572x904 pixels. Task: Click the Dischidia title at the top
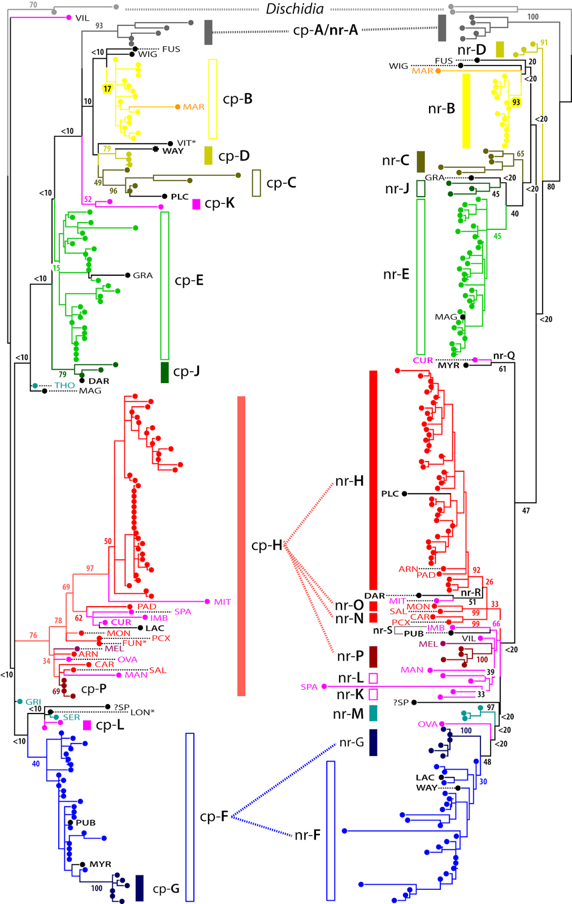[x=294, y=9]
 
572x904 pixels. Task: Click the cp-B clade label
[x=237, y=99]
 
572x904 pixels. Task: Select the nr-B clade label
[x=441, y=108]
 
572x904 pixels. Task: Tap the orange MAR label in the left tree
[x=193, y=107]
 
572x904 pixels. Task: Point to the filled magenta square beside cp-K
[x=196, y=204]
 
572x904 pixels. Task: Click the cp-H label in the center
[x=266, y=545]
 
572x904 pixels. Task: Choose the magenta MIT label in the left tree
[x=222, y=602]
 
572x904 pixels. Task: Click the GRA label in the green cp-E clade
[x=142, y=275]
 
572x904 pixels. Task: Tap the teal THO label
[x=64, y=385]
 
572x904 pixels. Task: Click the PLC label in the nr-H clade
[x=390, y=494]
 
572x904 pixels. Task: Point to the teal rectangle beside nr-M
[x=373, y=713]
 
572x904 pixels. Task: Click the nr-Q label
[x=504, y=355]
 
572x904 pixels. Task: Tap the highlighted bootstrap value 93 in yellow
[x=516, y=102]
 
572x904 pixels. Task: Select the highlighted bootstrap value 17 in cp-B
[x=107, y=89]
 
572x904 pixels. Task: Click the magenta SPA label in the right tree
[x=309, y=687]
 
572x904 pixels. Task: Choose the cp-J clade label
[x=186, y=371]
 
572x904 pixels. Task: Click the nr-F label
[x=307, y=835]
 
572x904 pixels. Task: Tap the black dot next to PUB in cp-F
[x=71, y=823]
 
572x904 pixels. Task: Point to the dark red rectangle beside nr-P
[x=373, y=657]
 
